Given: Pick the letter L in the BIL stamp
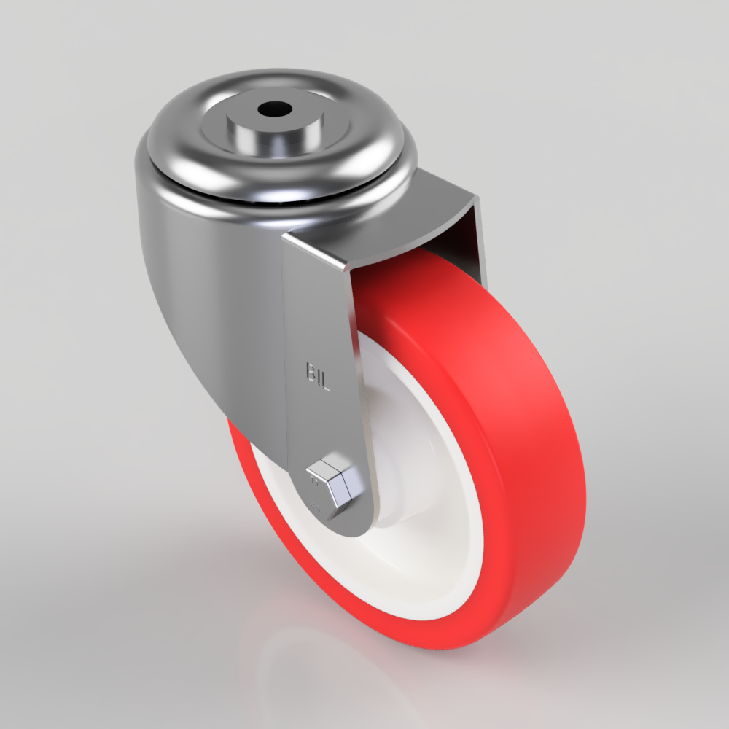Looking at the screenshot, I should tap(326, 381).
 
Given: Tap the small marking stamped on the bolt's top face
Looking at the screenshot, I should tap(316, 480).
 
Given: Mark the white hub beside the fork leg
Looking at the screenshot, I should tap(397, 503).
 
